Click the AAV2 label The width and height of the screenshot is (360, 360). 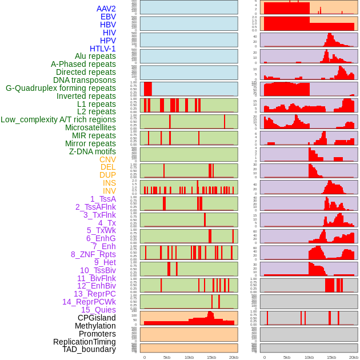click(106, 9)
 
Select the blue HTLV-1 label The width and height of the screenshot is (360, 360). click(103, 49)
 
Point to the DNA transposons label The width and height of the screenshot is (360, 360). click(85, 80)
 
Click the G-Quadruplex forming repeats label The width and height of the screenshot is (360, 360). click(61, 88)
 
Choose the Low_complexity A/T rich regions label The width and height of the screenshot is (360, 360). click(58, 119)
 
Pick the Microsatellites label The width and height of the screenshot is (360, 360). click(90, 127)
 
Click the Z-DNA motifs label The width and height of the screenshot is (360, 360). click(93, 151)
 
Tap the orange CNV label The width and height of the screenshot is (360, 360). click(107, 159)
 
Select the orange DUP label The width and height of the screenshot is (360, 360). click(107, 175)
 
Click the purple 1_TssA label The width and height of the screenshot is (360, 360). click(103, 199)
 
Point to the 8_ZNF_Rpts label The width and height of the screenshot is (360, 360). click(93, 254)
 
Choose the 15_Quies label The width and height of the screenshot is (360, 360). click(98, 310)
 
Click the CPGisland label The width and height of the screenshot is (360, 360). click(97, 318)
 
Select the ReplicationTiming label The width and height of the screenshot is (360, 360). click(85, 342)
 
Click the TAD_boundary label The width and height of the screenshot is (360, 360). click(89, 349)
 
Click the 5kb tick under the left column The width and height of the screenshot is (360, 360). click(167, 357)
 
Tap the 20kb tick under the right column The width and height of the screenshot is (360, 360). click(354, 357)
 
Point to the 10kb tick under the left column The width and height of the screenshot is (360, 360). click(189, 357)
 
